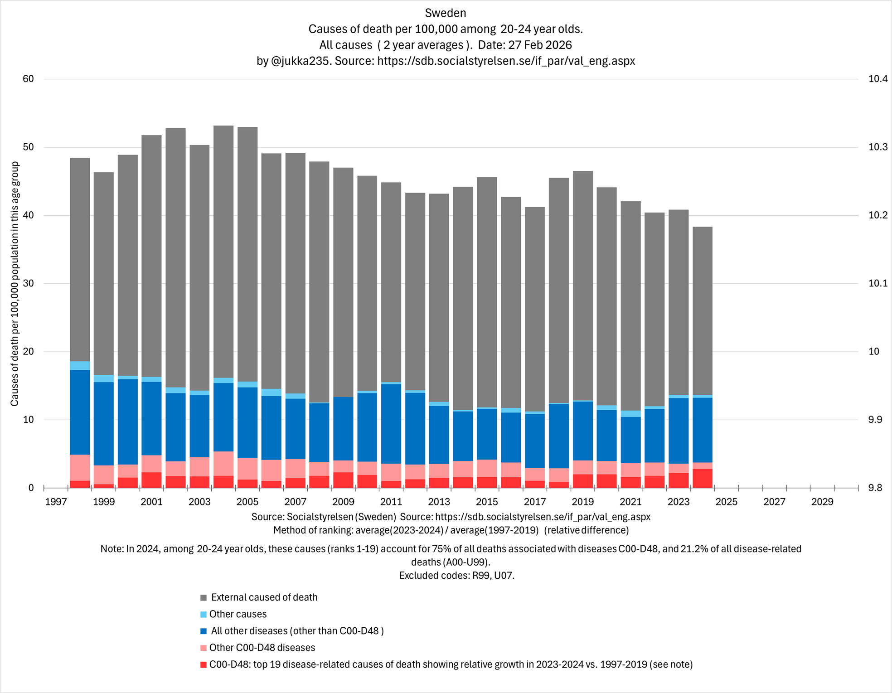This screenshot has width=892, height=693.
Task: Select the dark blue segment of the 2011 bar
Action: click(x=391, y=424)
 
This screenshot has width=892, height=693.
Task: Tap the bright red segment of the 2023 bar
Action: click(x=679, y=480)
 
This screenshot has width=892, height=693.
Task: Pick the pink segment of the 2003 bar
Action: click(x=199, y=467)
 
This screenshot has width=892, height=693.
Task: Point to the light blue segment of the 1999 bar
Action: click(x=104, y=378)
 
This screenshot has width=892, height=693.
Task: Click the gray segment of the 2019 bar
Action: click(x=583, y=286)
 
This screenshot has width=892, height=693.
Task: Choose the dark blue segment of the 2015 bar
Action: click(x=487, y=434)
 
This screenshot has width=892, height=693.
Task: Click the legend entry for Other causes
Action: click(x=238, y=614)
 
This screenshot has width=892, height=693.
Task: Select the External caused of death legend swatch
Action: click(x=204, y=598)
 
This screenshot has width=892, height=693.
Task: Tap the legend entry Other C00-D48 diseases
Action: click(x=262, y=648)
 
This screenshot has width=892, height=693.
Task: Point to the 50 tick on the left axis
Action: click(x=28, y=147)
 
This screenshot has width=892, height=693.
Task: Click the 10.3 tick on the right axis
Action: click(x=877, y=147)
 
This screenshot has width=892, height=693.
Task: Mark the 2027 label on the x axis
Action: click(x=774, y=502)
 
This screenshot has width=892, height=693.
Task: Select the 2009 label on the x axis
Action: click(x=343, y=502)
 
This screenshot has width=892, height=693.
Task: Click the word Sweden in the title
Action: click(x=446, y=13)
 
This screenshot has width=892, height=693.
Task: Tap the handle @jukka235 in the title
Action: click(x=300, y=61)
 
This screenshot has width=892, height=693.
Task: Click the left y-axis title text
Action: click(x=15, y=283)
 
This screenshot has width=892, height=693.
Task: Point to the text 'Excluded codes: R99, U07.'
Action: click(x=457, y=576)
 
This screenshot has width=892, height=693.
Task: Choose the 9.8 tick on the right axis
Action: click(x=875, y=488)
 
